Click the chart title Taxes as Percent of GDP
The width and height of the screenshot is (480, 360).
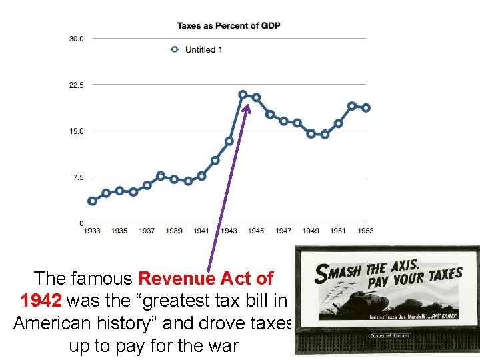tap(228, 26)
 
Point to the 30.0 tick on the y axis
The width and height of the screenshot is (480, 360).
tap(77, 39)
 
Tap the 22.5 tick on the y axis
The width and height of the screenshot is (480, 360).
tap(77, 85)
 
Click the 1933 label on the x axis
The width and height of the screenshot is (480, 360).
tap(92, 231)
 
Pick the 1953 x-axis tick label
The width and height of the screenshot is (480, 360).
tap(365, 231)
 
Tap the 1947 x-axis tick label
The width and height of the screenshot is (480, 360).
tap(283, 231)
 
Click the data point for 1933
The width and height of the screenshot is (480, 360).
tap(92, 201)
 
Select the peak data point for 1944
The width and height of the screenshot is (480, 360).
tap(243, 95)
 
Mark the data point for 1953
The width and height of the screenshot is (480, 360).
tap(365, 108)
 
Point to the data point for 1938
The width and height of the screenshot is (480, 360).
tap(161, 176)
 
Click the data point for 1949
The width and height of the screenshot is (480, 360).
tap(311, 133)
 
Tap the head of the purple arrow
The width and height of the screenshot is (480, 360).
tap(247, 105)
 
